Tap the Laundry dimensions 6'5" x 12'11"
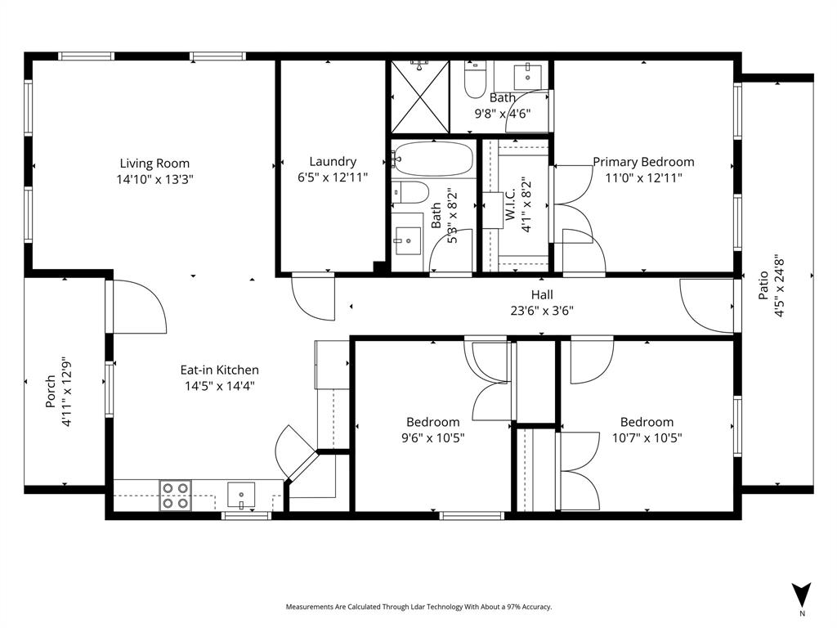pos(333,177)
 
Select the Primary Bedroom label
pos(643,162)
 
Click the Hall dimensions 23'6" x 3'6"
pos(542,310)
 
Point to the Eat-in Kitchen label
pos(219,370)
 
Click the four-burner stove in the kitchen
pos(175,495)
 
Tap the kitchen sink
pos(241,495)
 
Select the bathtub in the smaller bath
pos(432,158)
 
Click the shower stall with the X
pos(418,96)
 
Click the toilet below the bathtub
pos(410,193)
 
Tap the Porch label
pos(51,392)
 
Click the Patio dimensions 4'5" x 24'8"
pos(779,284)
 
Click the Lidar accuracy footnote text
pos(418,607)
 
